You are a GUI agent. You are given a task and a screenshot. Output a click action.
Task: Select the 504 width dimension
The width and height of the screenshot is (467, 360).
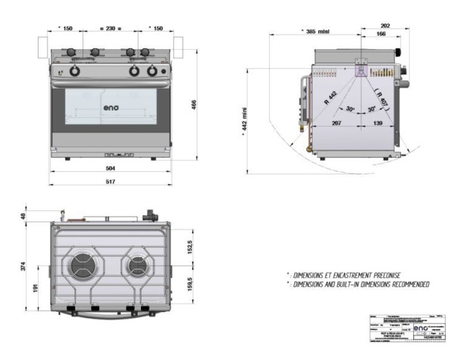(110, 169)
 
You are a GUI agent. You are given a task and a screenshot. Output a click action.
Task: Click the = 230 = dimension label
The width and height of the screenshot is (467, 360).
(110, 28)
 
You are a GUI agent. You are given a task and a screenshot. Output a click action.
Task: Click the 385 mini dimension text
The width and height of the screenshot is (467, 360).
(315, 31)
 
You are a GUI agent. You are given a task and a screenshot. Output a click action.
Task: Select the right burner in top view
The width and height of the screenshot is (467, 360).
(137, 265)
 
